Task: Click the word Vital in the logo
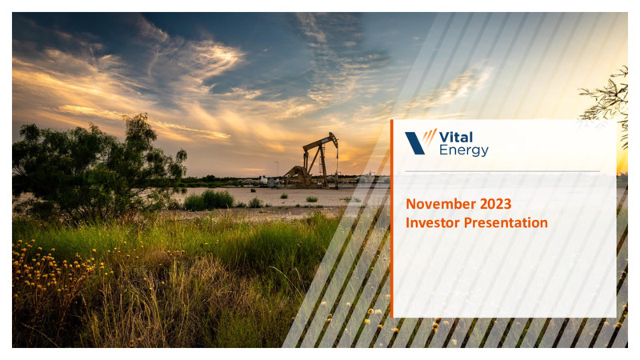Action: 456,137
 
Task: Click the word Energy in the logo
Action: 464,150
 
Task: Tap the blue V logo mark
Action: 414,143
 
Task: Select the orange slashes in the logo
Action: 430,137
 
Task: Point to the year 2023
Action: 495,204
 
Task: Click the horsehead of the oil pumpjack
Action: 333,139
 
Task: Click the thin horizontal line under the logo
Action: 502,171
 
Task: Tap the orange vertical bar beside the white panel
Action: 392,218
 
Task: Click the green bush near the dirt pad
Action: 209,200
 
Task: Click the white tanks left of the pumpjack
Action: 264,180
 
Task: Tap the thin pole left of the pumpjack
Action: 278,170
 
